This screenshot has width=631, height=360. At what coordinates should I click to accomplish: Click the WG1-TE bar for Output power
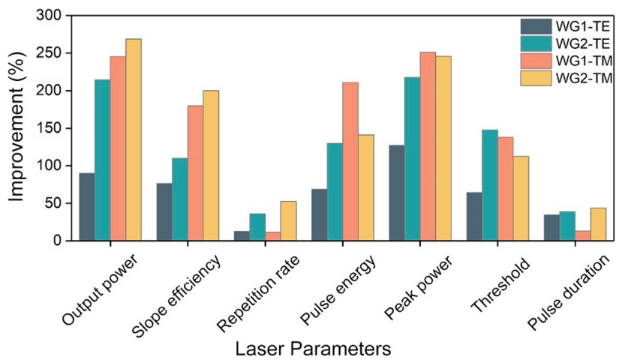tap(87, 207)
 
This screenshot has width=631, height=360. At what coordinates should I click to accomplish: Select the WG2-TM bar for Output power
tap(134, 139)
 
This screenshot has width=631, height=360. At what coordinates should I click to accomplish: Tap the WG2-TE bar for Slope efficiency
tap(179, 199)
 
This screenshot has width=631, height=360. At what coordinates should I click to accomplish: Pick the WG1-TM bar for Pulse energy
tap(350, 161)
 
